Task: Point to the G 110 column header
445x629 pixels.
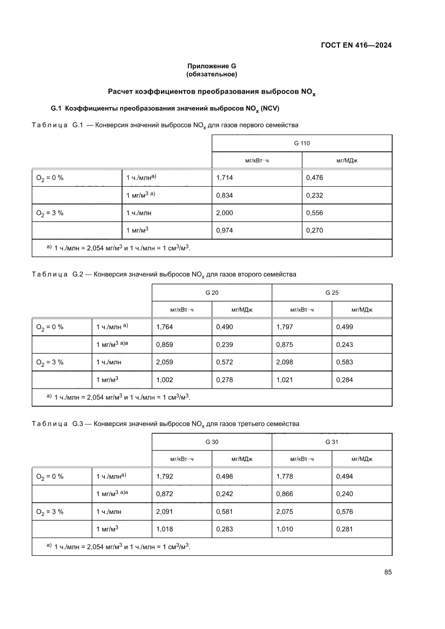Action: click(301, 143)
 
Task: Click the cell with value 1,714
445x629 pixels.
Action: click(224, 178)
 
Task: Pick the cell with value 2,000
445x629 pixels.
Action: click(224, 213)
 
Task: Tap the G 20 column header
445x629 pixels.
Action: click(211, 292)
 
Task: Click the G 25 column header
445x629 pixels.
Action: click(331, 292)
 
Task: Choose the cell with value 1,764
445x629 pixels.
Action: click(164, 327)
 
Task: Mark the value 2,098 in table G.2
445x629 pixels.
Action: click(285, 362)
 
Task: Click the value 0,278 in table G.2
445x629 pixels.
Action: click(224, 379)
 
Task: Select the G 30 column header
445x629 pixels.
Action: click(211, 441)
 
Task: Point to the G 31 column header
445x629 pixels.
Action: click(331, 441)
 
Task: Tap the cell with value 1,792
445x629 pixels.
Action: click(164, 476)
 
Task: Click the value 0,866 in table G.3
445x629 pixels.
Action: click(285, 493)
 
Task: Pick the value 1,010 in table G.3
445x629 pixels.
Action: click(285, 528)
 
